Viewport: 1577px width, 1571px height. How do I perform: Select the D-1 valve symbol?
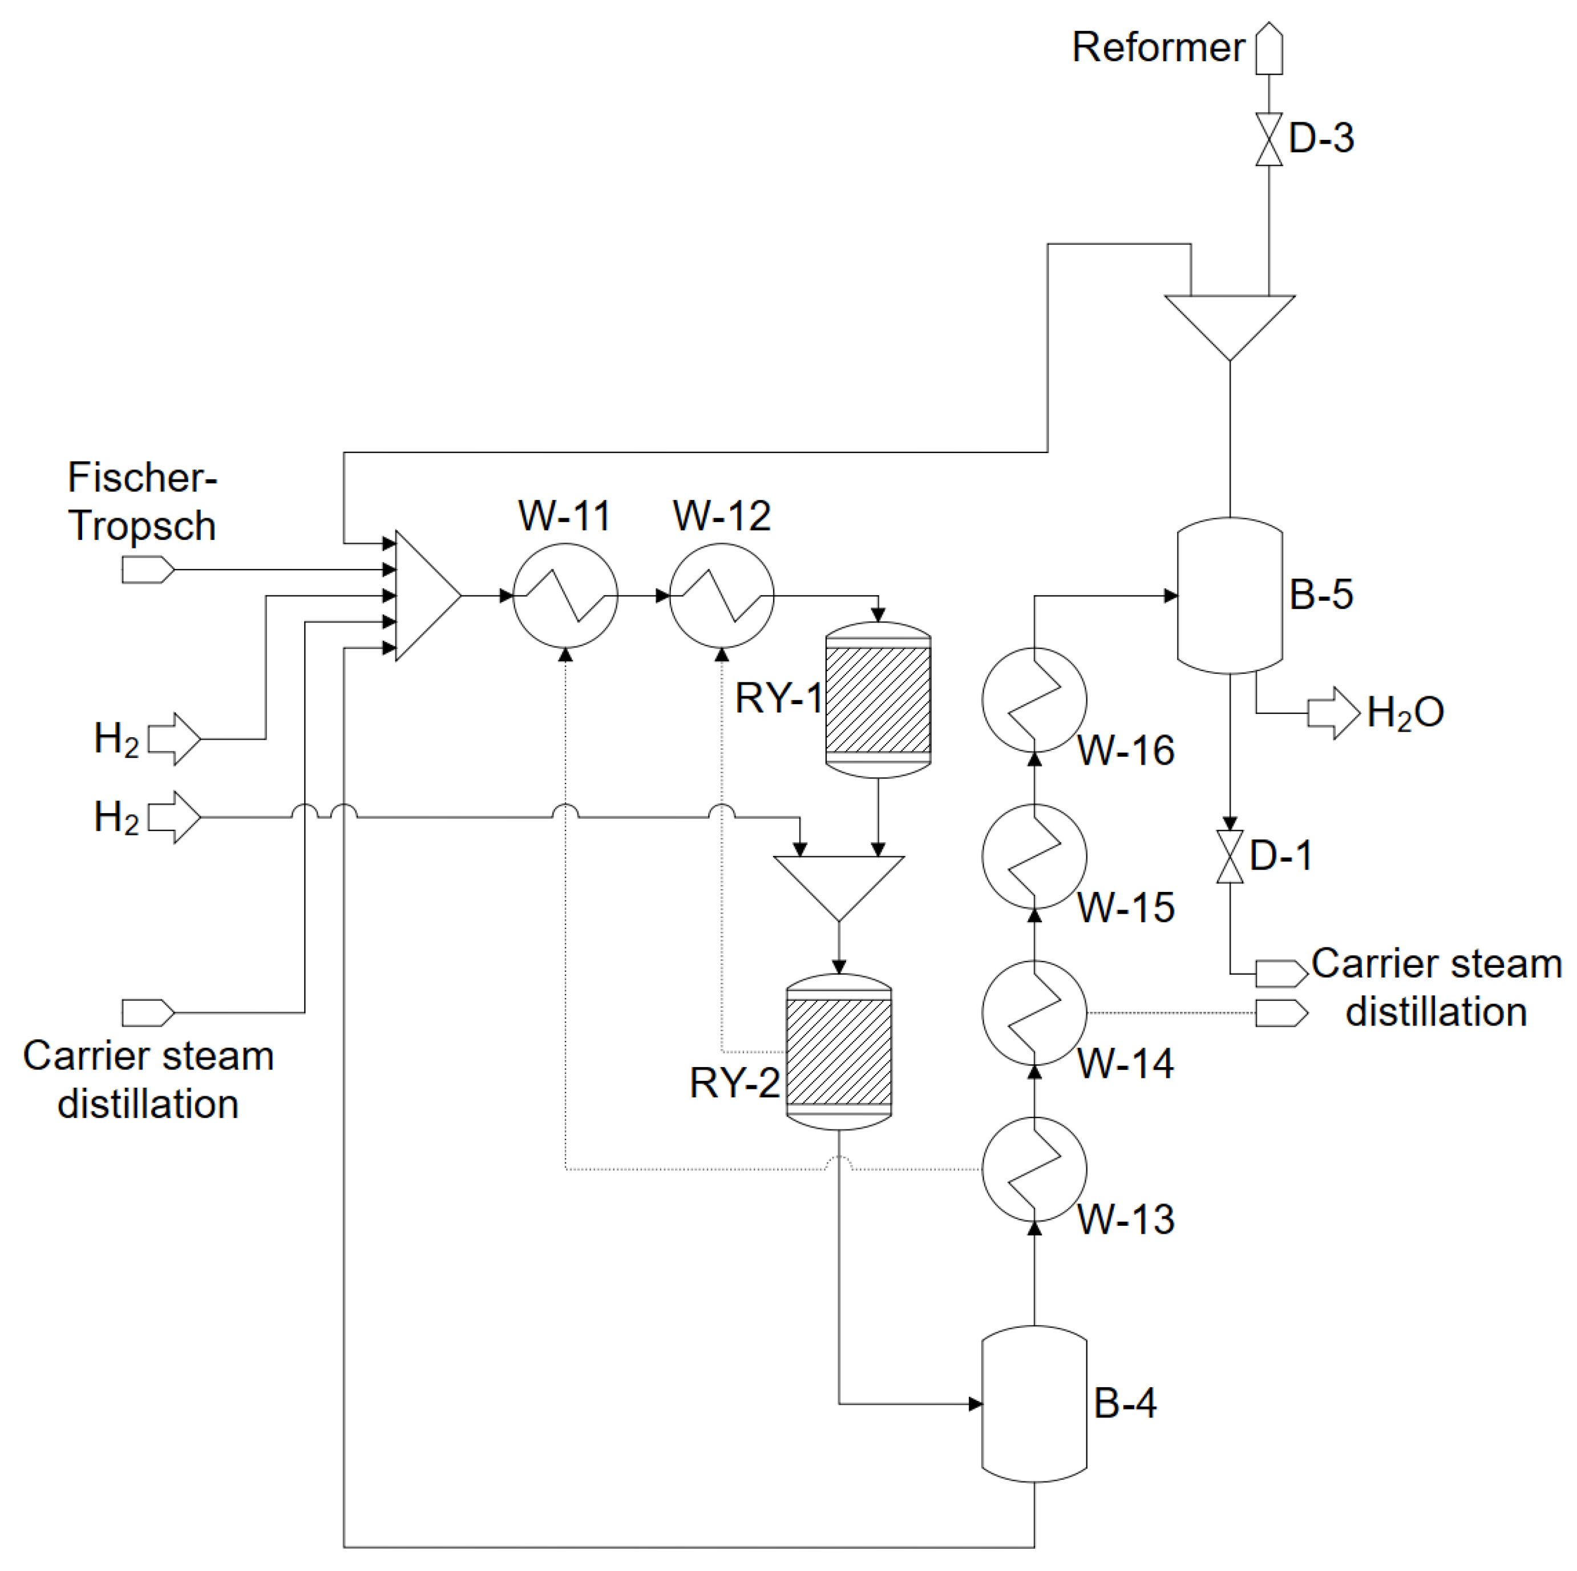(1230, 857)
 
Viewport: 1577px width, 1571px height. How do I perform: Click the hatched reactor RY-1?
(878, 700)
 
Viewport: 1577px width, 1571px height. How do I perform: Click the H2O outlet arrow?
(1333, 713)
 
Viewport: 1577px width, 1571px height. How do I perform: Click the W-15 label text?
(1126, 907)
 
